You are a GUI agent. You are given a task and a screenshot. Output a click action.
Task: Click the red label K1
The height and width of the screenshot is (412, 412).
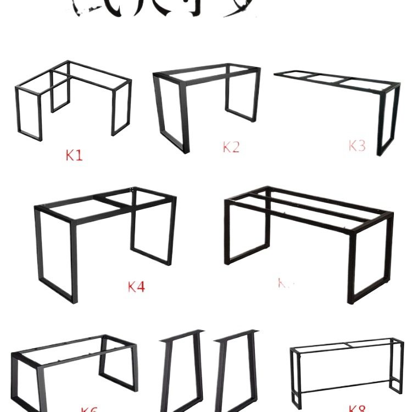coord(74,155)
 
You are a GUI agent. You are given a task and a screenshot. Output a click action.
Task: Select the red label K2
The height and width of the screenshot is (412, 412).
coord(231,147)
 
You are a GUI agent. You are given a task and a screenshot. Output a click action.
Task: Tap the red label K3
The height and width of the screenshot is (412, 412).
coord(357,146)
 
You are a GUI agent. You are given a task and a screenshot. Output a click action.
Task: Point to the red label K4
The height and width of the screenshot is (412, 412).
coord(136,287)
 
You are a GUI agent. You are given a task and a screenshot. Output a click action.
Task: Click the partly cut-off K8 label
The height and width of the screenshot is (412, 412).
coord(357,408)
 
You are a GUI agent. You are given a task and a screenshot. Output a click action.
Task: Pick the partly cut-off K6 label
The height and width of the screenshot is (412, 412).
coord(89,409)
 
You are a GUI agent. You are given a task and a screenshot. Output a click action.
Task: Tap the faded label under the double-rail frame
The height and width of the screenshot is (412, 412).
coord(286,283)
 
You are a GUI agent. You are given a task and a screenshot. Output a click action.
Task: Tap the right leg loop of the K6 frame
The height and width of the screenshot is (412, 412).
coord(118,365)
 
